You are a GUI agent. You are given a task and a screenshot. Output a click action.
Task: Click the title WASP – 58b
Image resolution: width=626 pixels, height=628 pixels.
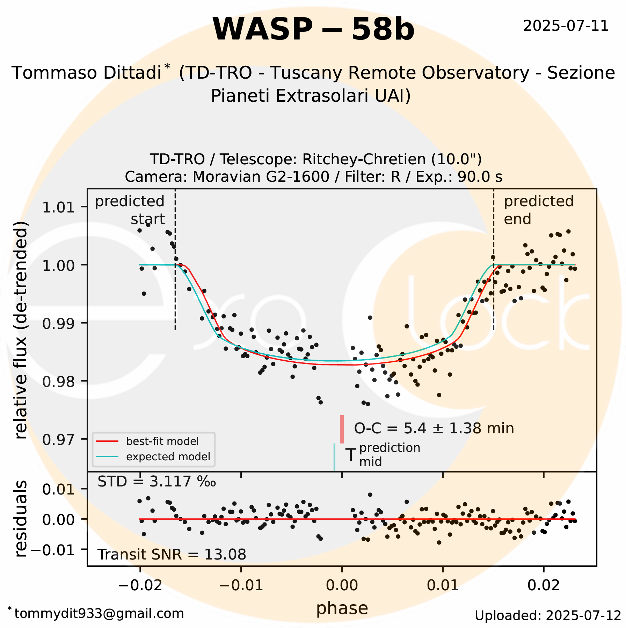(313, 29)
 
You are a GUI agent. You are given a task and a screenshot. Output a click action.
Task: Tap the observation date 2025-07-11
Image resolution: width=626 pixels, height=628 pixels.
(566, 26)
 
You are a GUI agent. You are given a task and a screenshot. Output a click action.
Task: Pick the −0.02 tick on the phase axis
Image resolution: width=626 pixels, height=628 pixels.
(140, 585)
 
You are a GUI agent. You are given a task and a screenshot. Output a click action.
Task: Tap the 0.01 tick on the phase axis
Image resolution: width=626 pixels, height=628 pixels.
(443, 585)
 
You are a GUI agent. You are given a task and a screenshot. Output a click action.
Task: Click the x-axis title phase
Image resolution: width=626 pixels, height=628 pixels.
(342, 608)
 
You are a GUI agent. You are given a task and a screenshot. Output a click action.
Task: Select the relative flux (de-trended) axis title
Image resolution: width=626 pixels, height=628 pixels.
(21, 330)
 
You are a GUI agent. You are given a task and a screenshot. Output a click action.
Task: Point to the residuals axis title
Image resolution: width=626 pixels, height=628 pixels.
(21, 519)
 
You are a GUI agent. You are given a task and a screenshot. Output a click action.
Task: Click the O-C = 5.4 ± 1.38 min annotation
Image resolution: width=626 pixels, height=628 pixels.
(434, 428)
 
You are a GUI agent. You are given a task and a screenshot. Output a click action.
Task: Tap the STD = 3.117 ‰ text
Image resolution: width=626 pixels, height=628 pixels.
(156, 482)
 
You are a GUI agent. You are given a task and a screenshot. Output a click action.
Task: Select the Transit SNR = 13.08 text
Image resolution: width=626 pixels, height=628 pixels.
(172, 554)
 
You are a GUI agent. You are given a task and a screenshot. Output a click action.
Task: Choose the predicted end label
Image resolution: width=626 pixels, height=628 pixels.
(538, 210)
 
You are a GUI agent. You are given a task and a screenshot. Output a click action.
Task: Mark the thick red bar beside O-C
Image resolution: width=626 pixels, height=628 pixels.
(342, 429)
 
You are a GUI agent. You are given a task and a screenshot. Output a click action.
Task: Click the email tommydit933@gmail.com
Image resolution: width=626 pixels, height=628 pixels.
(99, 613)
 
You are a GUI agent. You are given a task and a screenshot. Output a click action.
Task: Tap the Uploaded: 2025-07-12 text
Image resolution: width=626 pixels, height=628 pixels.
(548, 615)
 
